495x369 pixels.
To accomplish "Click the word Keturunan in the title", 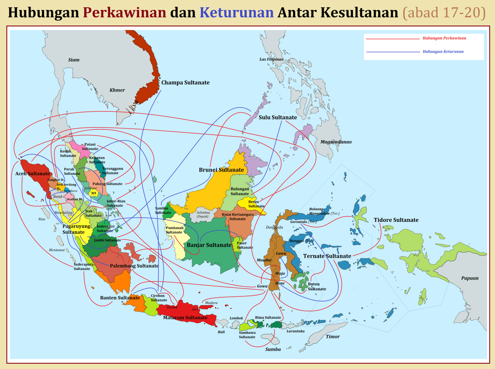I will coord(236,13).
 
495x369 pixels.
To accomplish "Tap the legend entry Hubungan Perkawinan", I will coord(444,38).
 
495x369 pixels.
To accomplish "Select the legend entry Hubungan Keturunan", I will coord(443,52).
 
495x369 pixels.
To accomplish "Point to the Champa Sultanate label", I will coord(185,82).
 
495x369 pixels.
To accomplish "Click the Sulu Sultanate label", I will coord(278,118).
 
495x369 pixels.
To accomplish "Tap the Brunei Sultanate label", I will coord(221,170).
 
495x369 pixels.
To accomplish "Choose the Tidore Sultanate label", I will coord(396,220).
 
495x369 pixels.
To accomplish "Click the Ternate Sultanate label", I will coord(327,256).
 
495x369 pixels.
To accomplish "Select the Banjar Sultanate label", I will coord(209,245).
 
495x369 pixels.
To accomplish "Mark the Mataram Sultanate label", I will coord(185,317).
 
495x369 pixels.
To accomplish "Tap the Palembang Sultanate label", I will coord(134,266).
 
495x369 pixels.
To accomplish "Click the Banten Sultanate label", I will coord(120,298).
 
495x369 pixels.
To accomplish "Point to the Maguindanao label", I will coord(336,142).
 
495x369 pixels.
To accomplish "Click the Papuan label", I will coord(470,278).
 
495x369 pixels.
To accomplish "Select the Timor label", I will coord(333,336).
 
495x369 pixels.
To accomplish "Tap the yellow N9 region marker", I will coord(94,193).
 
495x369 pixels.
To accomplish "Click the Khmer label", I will coord(117,90).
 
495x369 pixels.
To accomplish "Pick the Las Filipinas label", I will coord(271,59).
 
